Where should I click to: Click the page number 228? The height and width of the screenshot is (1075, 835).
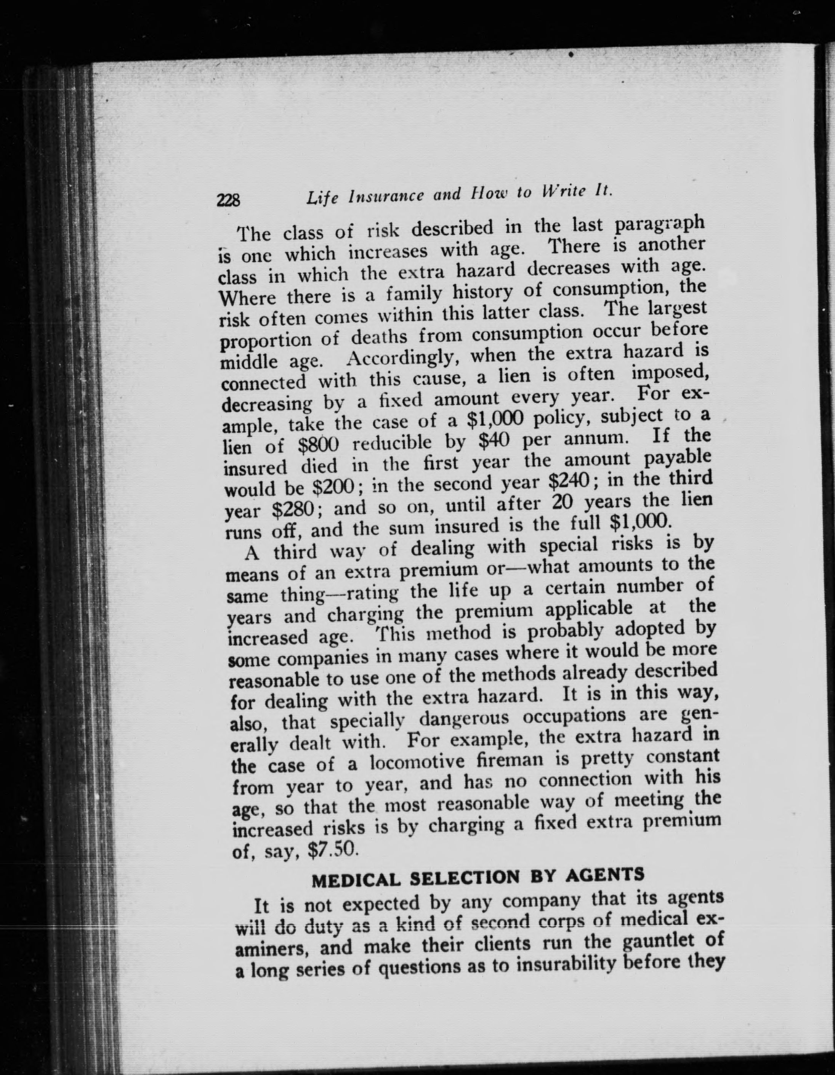[x=228, y=200]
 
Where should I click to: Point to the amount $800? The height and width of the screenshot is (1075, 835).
[x=319, y=445]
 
